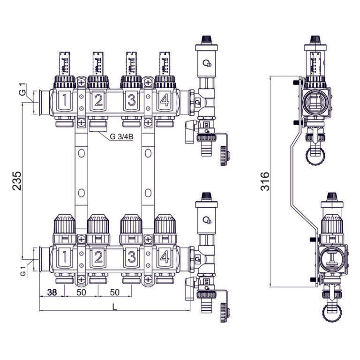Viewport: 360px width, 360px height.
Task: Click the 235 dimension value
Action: (x=17, y=180)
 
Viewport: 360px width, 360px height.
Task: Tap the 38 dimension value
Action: (x=52, y=292)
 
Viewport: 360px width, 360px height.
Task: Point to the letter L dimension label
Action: (x=115, y=306)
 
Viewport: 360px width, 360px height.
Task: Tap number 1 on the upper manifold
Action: (x=65, y=100)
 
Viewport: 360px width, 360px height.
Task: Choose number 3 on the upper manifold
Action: (x=132, y=100)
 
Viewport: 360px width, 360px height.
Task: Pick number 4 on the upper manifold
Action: (x=165, y=100)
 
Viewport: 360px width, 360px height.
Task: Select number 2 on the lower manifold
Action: (x=98, y=256)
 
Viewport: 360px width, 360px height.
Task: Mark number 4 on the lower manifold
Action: (x=165, y=256)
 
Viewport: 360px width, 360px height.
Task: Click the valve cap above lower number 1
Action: (x=65, y=225)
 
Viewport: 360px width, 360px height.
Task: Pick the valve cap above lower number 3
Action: (x=132, y=225)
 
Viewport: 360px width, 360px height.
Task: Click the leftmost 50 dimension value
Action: (x=82, y=292)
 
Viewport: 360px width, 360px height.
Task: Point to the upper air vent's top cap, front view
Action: (x=205, y=39)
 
